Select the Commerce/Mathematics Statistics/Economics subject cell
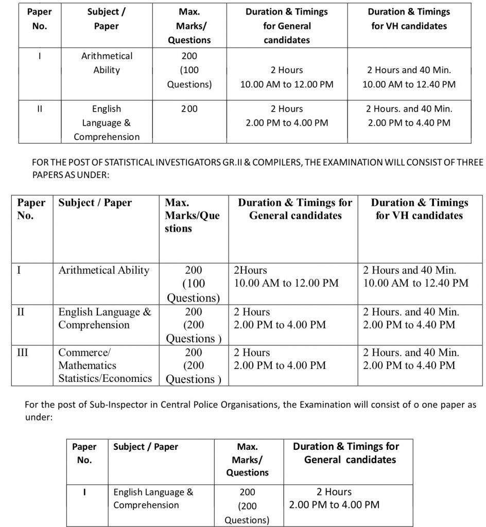click(x=105, y=365)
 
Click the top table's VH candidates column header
click(x=409, y=19)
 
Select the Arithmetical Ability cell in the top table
click(x=107, y=63)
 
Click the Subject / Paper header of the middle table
click(x=95, y=203)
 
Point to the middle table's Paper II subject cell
click(x=105, y=319)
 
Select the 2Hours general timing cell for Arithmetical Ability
click(x=286, y=276)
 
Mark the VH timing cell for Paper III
click(x=411, y=359)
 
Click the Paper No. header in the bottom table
click(x=84, y=453)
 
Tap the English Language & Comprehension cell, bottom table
click(x=153, y=499)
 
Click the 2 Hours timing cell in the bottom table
click(x=334, y=498)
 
